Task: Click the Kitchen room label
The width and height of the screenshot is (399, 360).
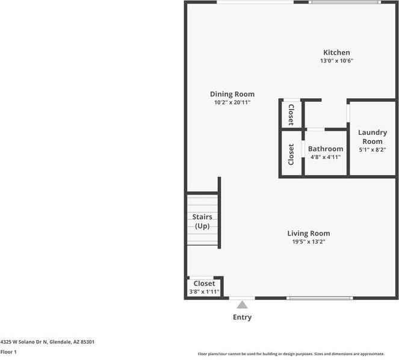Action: tap(336, 52)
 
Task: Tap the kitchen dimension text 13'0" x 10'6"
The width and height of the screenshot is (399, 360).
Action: tap(336, 61)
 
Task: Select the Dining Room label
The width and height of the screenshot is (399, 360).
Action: tap(232, 94)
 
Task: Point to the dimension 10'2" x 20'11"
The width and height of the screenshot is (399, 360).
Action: tap(232, 102)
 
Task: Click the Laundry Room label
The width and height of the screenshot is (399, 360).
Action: tap(373, 137)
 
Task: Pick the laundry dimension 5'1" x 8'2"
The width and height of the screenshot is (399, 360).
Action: tap(373, 150)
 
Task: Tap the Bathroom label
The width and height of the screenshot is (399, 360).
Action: tap(326, 149)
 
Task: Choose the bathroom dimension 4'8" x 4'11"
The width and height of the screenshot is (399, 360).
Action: tap(326, 157)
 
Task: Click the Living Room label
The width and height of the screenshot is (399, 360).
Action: tap(308, 233)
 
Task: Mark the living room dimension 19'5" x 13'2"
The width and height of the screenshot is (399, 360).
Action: tap(308, 242)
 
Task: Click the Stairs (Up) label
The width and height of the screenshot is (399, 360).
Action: tap(202, 221)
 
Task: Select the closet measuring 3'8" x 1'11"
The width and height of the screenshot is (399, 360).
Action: tap(204, 287)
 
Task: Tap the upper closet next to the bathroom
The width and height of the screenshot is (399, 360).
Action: tap(291, 114)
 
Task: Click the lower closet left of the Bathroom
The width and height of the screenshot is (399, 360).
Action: tap(291, 154)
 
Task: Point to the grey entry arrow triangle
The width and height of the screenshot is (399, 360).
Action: tap(242, 305)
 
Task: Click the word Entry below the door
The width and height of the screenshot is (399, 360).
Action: tap(242, 317)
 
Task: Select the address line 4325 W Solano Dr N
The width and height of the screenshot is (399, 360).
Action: tap(47, 341)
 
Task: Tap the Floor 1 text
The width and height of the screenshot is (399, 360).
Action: tap(8, 352)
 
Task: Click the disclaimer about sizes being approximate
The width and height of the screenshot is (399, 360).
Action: tap(299, 354)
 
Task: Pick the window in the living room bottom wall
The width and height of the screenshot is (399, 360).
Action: tap(320, 298)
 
